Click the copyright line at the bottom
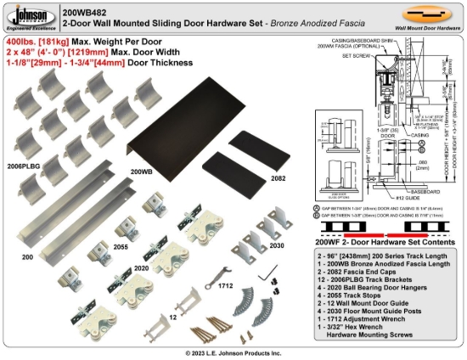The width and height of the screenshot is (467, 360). click(x=233, y=352)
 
